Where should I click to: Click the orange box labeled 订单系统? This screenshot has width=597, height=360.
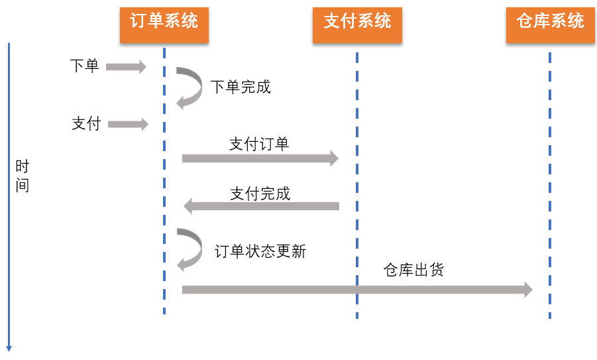[x=164, y=21]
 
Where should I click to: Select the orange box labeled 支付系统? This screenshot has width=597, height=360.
[x=356, y=21]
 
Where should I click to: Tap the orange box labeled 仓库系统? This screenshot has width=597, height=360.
[x=550, y=21]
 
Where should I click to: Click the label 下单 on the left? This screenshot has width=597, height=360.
[x=84, y=66]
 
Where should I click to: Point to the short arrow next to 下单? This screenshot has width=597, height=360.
[x=126, y=66]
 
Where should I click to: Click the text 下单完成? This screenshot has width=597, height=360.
[x=241, y=87]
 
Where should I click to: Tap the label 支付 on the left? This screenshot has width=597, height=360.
[x=85, y=124]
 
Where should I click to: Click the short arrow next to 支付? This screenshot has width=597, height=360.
[x=128, y=124]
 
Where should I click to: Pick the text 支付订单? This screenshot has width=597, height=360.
[x=259, y=144]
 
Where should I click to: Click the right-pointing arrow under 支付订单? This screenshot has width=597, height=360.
[x=260, y=158]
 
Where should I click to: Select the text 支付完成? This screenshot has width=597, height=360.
[x=260, y=194]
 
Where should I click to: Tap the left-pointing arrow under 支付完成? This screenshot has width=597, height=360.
[x=261, y=206]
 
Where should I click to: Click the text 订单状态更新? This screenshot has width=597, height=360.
[x=260, y=251]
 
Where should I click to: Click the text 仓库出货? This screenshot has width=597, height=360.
[x=413, y=270]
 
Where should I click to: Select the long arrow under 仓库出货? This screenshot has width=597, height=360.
[x=357, y=290]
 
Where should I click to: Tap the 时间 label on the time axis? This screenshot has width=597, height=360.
[x=23, y=176]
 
